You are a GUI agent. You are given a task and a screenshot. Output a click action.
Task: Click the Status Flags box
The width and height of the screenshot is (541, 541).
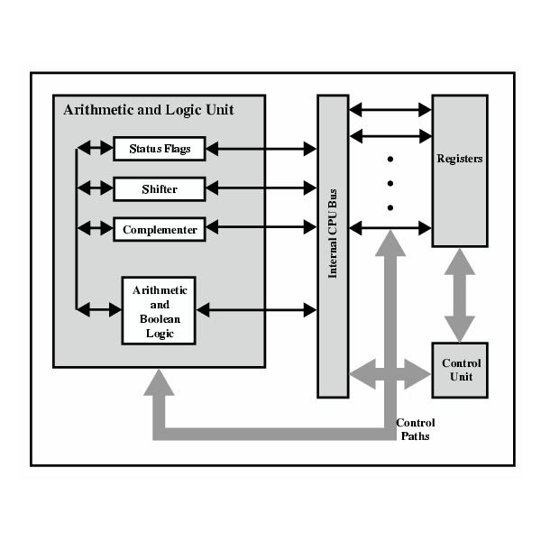pos(160,148)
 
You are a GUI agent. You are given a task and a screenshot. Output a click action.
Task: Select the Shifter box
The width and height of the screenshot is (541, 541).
pos(160,188)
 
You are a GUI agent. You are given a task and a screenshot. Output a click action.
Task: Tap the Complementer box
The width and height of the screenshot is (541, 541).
pos(160,229)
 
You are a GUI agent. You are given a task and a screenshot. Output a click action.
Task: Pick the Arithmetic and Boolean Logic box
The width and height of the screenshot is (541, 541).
pos(160,310)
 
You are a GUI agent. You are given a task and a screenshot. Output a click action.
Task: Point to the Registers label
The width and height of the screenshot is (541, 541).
pos(460,159)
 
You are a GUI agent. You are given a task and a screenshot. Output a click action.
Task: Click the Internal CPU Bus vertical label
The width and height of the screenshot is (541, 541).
pos(333,243)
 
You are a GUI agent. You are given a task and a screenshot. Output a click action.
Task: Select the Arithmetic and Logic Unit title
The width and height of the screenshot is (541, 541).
pos(149,110)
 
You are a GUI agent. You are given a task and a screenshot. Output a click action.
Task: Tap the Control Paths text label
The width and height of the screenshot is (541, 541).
pos(416,429)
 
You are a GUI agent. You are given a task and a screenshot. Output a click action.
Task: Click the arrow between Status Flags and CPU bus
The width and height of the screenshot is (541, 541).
pos(261,148)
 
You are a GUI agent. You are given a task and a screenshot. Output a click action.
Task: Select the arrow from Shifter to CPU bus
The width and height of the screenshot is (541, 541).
pos(261,188)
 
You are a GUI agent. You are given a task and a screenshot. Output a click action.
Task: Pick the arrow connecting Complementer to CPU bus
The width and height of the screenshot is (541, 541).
pos(261,229)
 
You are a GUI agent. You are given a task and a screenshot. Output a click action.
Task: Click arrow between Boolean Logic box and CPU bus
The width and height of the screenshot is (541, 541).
pos(257,310)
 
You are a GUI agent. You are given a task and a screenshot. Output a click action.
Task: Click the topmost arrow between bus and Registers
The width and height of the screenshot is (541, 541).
pos(390,110)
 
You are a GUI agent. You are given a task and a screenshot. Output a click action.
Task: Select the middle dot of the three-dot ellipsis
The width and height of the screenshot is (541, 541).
pos(390,184)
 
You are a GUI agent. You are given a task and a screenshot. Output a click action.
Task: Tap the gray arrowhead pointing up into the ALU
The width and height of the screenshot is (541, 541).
pos(159,382)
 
